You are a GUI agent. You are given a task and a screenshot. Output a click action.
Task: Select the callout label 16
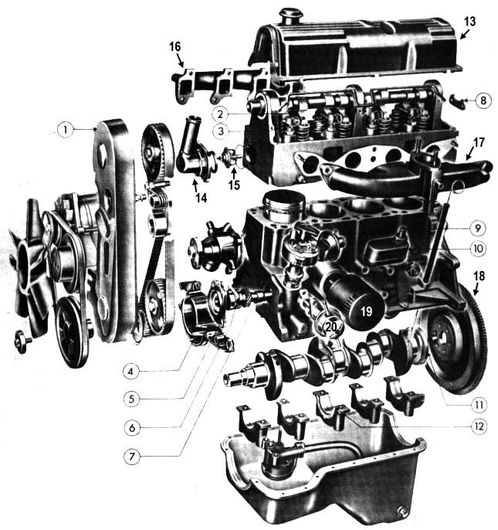coord(174,48)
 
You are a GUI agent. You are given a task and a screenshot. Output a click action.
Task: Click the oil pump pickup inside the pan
coord(274,464)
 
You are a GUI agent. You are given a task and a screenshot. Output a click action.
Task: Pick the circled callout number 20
coord(330,327)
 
